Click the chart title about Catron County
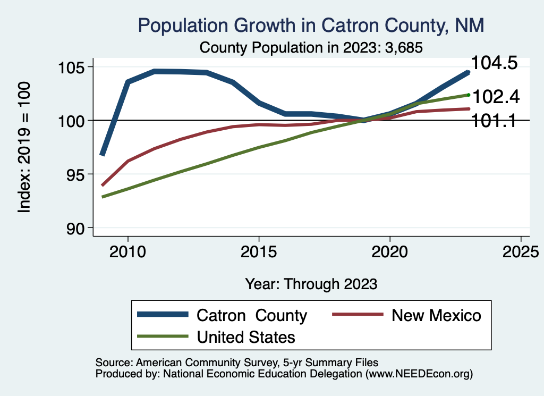pyautogui.click(x=311, y=26)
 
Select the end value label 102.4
pyautogui.click(x=496, y=97)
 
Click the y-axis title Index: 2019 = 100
pyautogui.click(x=24, y=147)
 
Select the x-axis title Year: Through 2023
pyautogui.click(x=311, y=284)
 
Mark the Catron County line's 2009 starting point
pyautogui.click(x=102, y=154)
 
